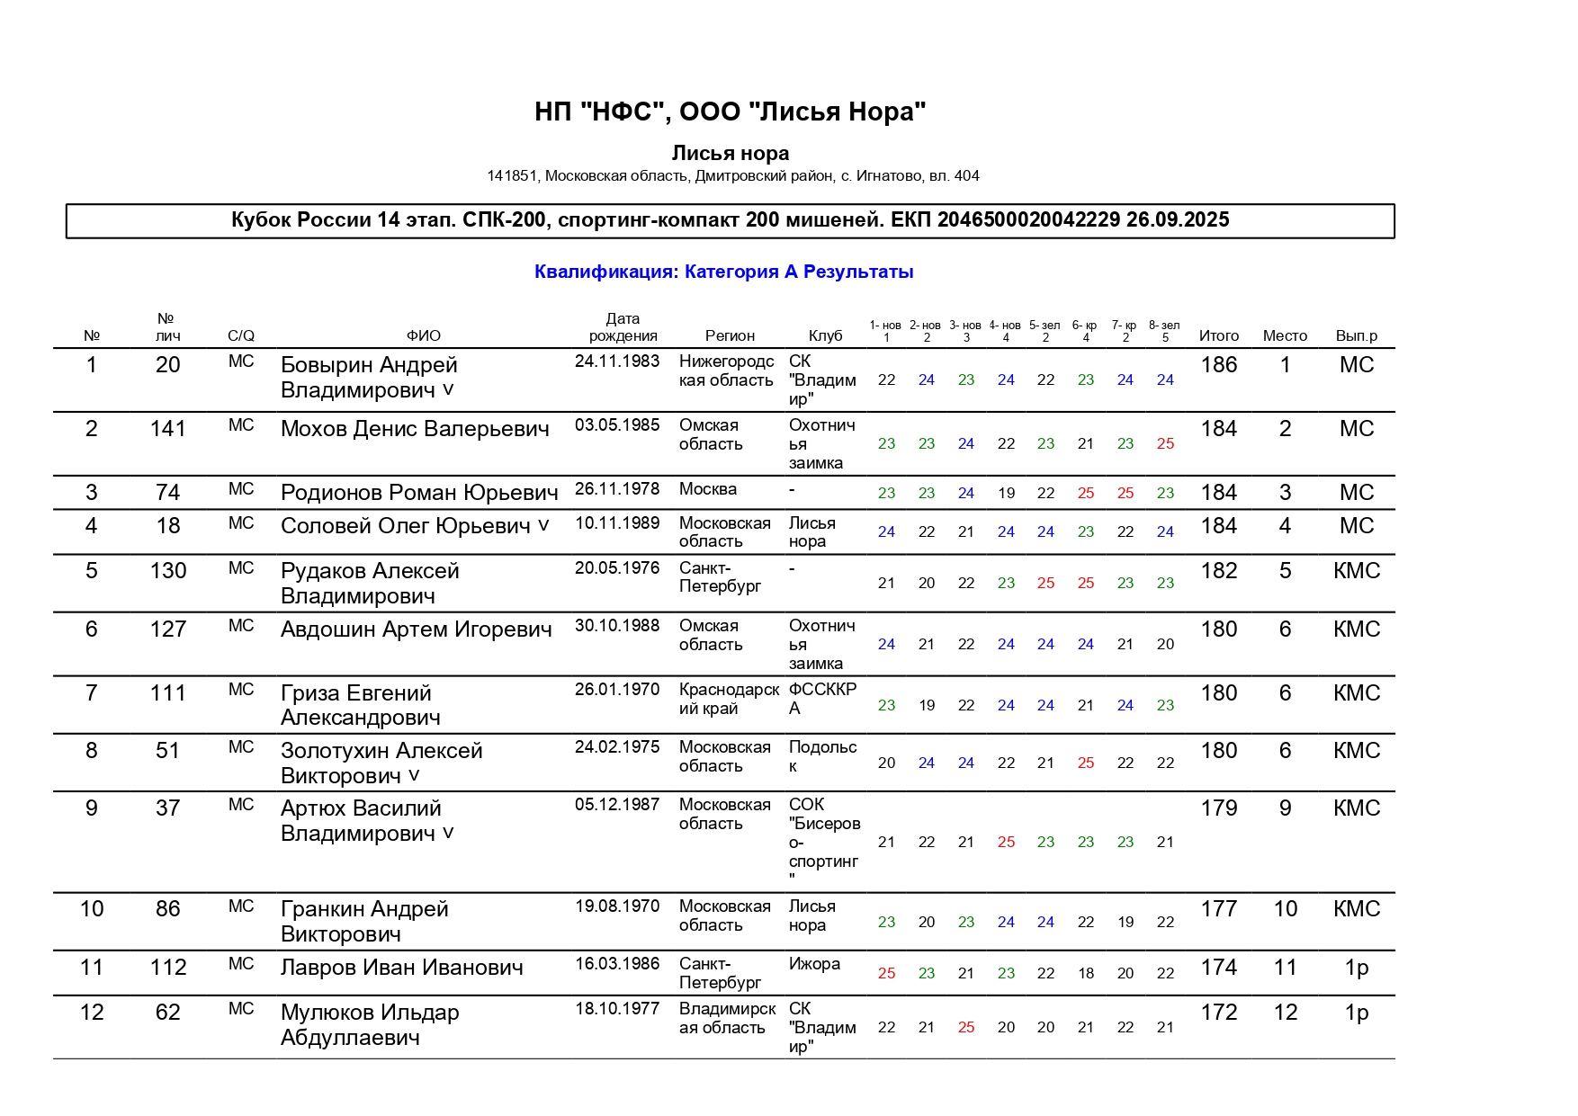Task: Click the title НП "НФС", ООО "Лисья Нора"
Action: [x=730, y=112]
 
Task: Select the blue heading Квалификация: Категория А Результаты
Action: [x=723, y=272]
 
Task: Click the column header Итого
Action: [x=1218, y=335]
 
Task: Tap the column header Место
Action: [x=1284, y=335]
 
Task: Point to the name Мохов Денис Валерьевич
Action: [x=415, y=429]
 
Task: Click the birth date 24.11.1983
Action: [x=617, y=362]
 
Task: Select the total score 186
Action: [x=1218, y=365]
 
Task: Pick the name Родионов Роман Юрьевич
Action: [x=419, y=493]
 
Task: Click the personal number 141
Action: [x=168, y=429]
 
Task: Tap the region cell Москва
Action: [x=707, y=489]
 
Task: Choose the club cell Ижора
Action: [x=814, y=964]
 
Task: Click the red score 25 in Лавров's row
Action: [x=886, y=973]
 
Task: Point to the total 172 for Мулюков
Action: [x=1218, y=1013]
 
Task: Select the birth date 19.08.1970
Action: [x=617, y=906]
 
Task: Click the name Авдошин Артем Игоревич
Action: [x=416, y=629]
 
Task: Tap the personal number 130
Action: [x=168, y=571]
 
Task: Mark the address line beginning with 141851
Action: [x=732, y=176]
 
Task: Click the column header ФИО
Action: [x=423, y=335]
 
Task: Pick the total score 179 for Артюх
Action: [x=1218, y=808]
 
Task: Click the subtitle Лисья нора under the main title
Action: [x=730, y=153]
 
